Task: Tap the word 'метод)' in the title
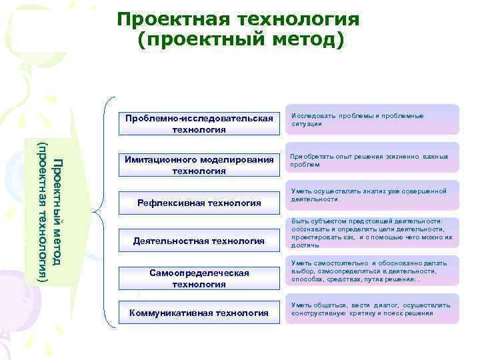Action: (x=306, y=40)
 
